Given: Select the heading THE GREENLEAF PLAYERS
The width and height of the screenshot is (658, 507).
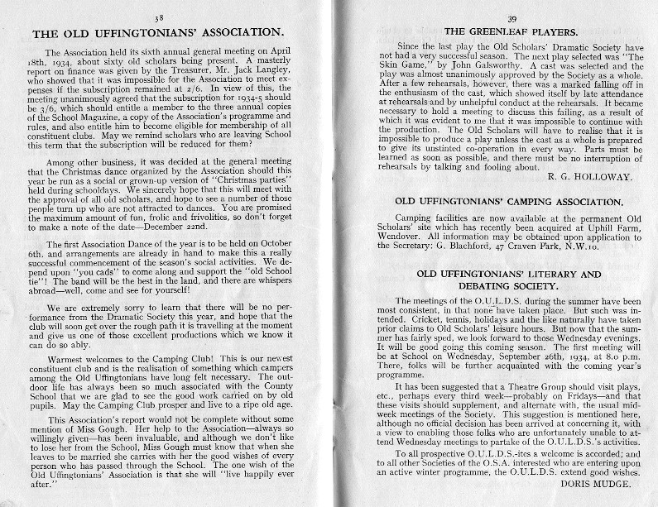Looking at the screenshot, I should pos(488,30).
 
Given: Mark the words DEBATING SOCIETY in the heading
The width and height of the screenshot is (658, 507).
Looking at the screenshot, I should pos(487,285).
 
